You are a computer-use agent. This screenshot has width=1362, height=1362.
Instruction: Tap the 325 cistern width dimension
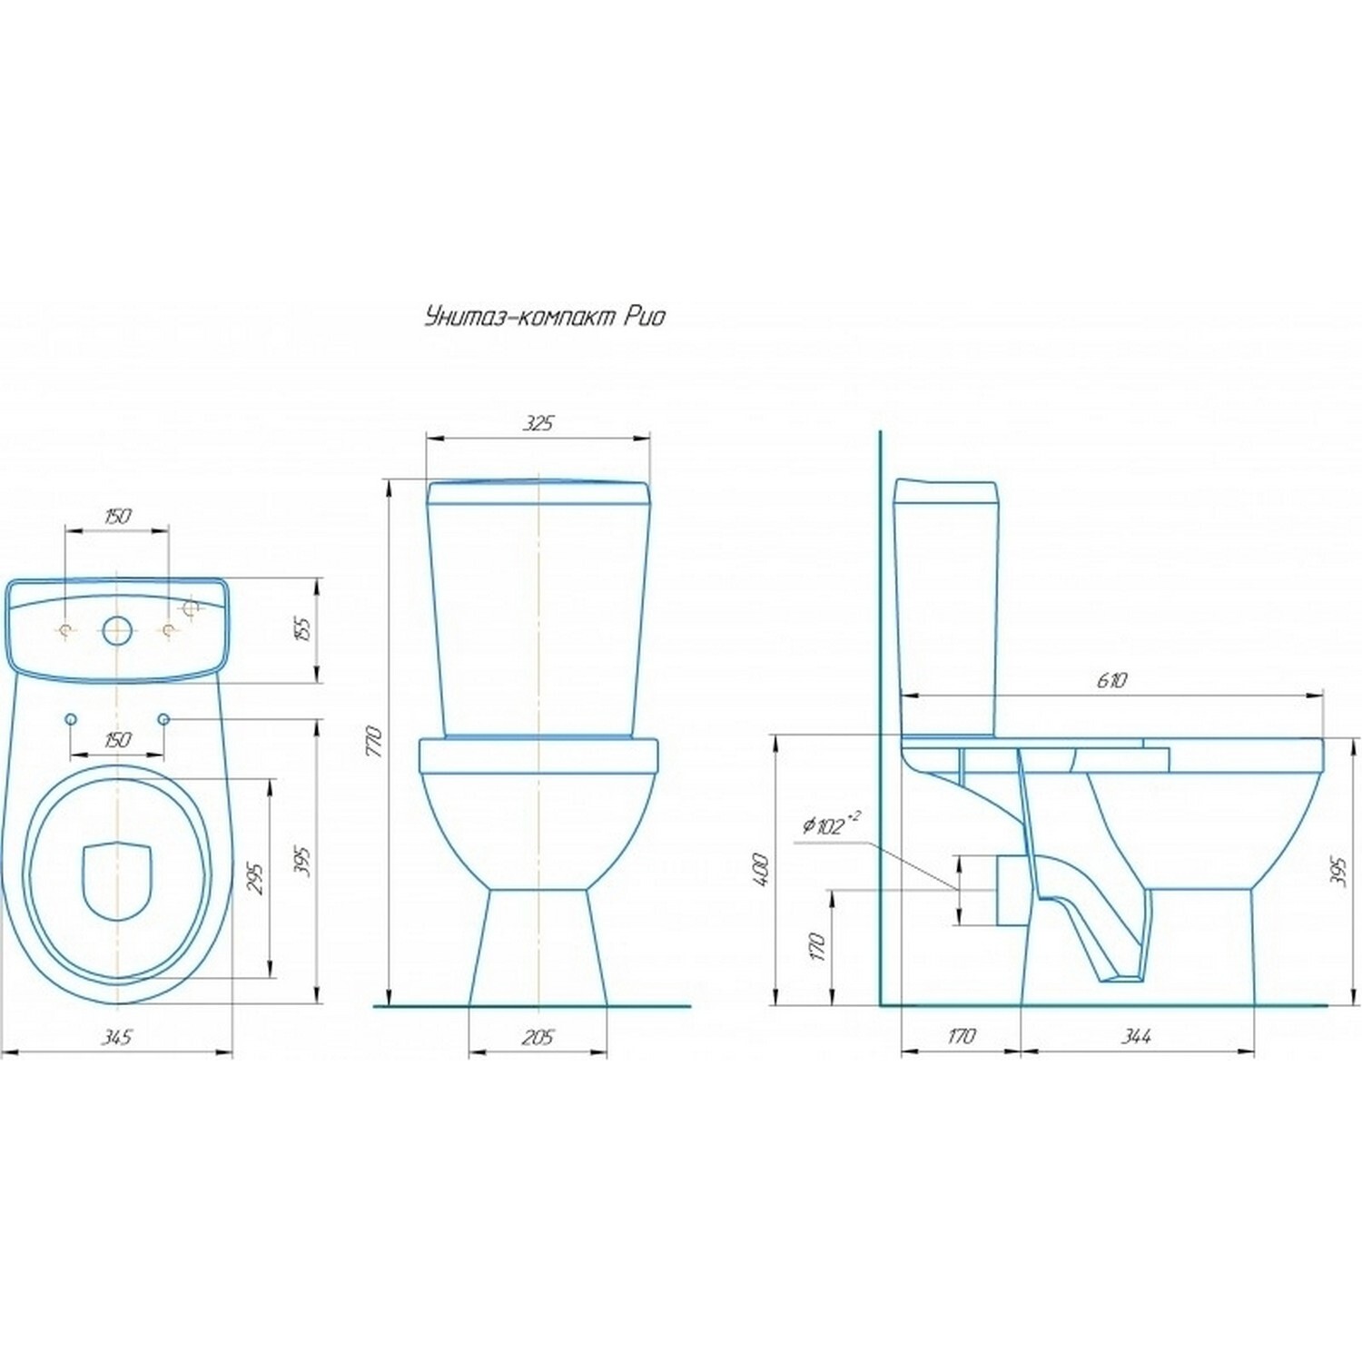coord(538,423)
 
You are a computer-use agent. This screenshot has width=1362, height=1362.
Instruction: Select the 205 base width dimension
coord(538,1037)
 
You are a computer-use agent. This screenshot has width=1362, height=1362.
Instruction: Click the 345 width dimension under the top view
coord(117,1037)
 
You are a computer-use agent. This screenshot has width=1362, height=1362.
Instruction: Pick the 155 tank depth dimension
coord(304,628)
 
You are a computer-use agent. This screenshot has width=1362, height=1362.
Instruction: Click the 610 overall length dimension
coord(1111,680)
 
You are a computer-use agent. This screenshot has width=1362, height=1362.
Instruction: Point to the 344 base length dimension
coord(1137,1036)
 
